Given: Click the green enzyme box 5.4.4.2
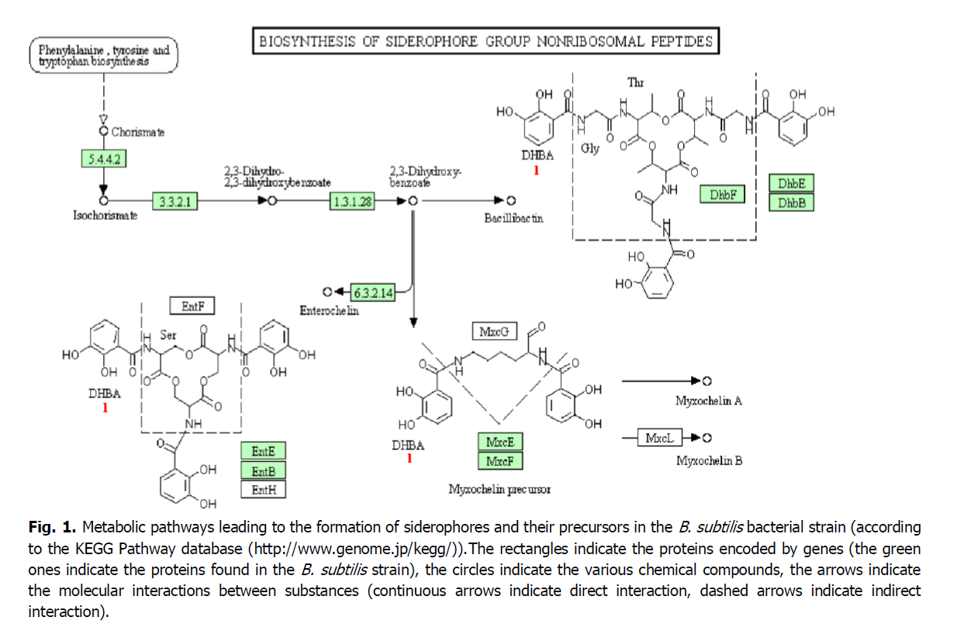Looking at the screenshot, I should pyautogui.click(x=104, y=159).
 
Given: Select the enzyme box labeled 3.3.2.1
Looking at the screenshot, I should pyautogui.click(x=175, y=202).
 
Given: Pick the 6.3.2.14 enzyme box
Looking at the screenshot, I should pyautogui.click(x=373, y=293).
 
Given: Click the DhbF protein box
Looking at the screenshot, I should pyautogui.click(x=722, y=195).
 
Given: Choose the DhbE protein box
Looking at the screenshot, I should pyautogui.click(x=792, y=184).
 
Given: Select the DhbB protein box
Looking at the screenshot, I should pyautogui.click(x=792, y=203).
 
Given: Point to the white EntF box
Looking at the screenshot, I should pyautogui.click(x=192, y=307).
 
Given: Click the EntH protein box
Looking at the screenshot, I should pyautogui.click(x=264, y=489).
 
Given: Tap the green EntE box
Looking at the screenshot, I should pyautogui.click(x=264, y=452).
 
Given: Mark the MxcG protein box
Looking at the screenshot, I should pyautogui.click(x=494, y=332).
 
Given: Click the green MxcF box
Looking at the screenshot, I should pyautogui.click(x=500, y=461).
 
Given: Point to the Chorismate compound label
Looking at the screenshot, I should pyautogui.click(x=138, y=133).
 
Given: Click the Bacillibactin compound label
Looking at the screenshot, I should pyautogui.click(x=513, y=219).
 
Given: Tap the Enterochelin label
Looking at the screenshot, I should pyautogui.click(x=330, y=310).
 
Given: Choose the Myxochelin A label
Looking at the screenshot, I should pyautogui.click(x=708, y=401).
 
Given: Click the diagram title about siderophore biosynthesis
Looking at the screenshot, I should pyautogui.click(x=485, y=41).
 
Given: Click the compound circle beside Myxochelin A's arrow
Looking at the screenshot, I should pyautogui.click(x=706, y=381).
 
